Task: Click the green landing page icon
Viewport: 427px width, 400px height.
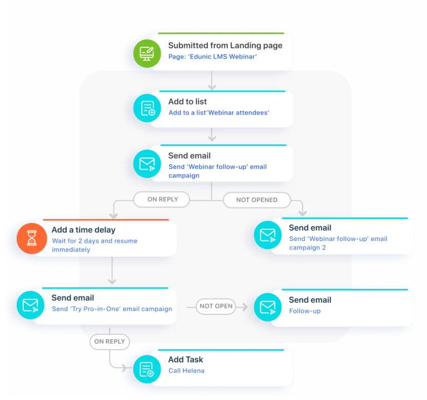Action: pyautogui.click(x=147, y=53)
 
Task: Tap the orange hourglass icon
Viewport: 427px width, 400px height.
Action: pyautogui.click(x=32, y=239)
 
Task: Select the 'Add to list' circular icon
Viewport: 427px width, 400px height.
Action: pyautogui.click(x=147, y=108)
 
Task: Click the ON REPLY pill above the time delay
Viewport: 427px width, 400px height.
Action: pyautogui.click(x=162, y=200)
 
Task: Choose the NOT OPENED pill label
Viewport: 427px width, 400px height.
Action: pyautogui.click(x=257, y=200)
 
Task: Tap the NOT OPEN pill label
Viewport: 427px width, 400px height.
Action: pyautogui.click(x=216, y=307)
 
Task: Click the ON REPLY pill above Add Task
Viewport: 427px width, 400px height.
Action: pyautogui.click(x=110, y=342)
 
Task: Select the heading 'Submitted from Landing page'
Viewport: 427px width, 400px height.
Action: pyautogui.click(x=225, y=46)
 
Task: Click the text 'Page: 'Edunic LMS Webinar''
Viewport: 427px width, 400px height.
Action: pyautogui.click(x=212, y=57)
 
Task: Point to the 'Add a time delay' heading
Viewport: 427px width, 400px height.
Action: pyautogui.click(x=83, y=230)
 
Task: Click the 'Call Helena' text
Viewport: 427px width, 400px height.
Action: pyautogui.click(x=186, y=371)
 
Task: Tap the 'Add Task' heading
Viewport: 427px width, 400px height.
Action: pyautogui.click(x=186, y=360)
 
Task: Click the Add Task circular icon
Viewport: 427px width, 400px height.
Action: pyautogui.click(x=147, y=369)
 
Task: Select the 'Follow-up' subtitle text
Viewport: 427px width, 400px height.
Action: pyautogui.click(x=305, y=311)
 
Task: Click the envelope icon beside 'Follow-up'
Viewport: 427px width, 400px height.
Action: pyautogui.click(x=268, y=307)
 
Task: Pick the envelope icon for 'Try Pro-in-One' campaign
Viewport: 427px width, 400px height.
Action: pyautogui.click(x=31, y=305)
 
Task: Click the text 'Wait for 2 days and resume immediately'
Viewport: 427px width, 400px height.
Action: pyautogui.click(x=95, y=245)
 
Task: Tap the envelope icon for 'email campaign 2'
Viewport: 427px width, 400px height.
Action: pyautogui.click(x=268, y=235)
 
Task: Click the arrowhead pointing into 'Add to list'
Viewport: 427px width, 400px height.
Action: pyautogui.click(x=212, y=87)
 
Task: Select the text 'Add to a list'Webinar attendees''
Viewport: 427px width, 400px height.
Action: pyautogui.click(x=219, y=113)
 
